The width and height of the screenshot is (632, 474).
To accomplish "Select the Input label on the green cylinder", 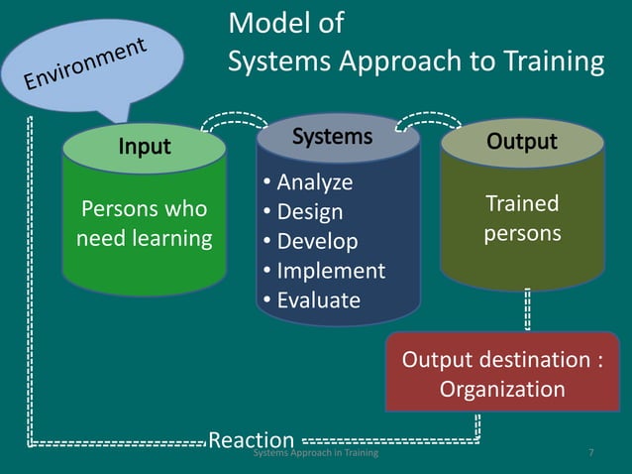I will [145, 147].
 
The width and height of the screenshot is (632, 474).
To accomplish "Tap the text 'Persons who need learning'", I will [145, 223].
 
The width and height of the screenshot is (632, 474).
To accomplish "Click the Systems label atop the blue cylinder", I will [333, 137].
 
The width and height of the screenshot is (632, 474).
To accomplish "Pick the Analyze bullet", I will [310, 182].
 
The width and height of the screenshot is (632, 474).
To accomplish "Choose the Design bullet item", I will [305, 212].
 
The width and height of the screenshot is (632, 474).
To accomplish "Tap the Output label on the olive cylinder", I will [521, 141].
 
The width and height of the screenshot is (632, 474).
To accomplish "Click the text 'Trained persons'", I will [522, 218].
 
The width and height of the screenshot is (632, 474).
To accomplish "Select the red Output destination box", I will [502, 372].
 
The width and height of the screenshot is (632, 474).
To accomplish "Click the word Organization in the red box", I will [502, 389].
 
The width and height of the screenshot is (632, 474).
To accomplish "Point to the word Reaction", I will [252, 439].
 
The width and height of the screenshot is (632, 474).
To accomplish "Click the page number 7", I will [590, 453].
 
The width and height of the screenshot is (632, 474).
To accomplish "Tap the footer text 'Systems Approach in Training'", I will [315, 453].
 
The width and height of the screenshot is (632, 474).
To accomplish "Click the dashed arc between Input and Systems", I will [235, 120].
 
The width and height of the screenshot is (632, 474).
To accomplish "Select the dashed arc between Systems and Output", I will [428, 119].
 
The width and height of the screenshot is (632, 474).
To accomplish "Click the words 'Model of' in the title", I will [286, 23].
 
